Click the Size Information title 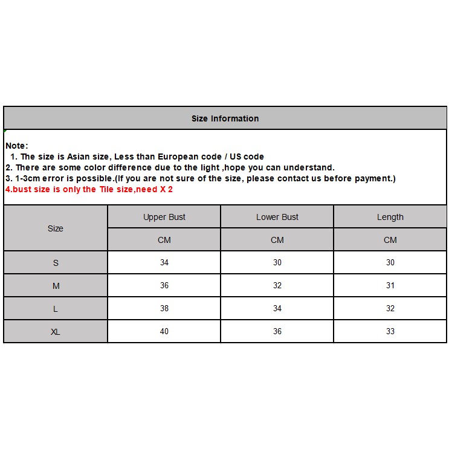click(x=225, y=118)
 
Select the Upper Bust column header click(x=164, y=217)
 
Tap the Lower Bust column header click(x=277, y=217)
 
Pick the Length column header click(x=390, y=217)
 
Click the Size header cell click(x=56, y=228)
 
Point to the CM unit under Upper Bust click(x=164, y=240)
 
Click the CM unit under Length click(x=390, y=240)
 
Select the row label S click(x=56, y=263)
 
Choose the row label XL click(x=56, y=332)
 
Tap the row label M click(x=56, y=286)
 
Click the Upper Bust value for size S click(x=164, y=262)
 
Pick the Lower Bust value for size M click(x=277, y=285)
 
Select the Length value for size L click(x=390, y=308)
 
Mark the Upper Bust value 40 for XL click(x=164, y=331)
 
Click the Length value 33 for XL click(x=390, y=331)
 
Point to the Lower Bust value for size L click(x=277, y=308)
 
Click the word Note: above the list click(x=17, y=146)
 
